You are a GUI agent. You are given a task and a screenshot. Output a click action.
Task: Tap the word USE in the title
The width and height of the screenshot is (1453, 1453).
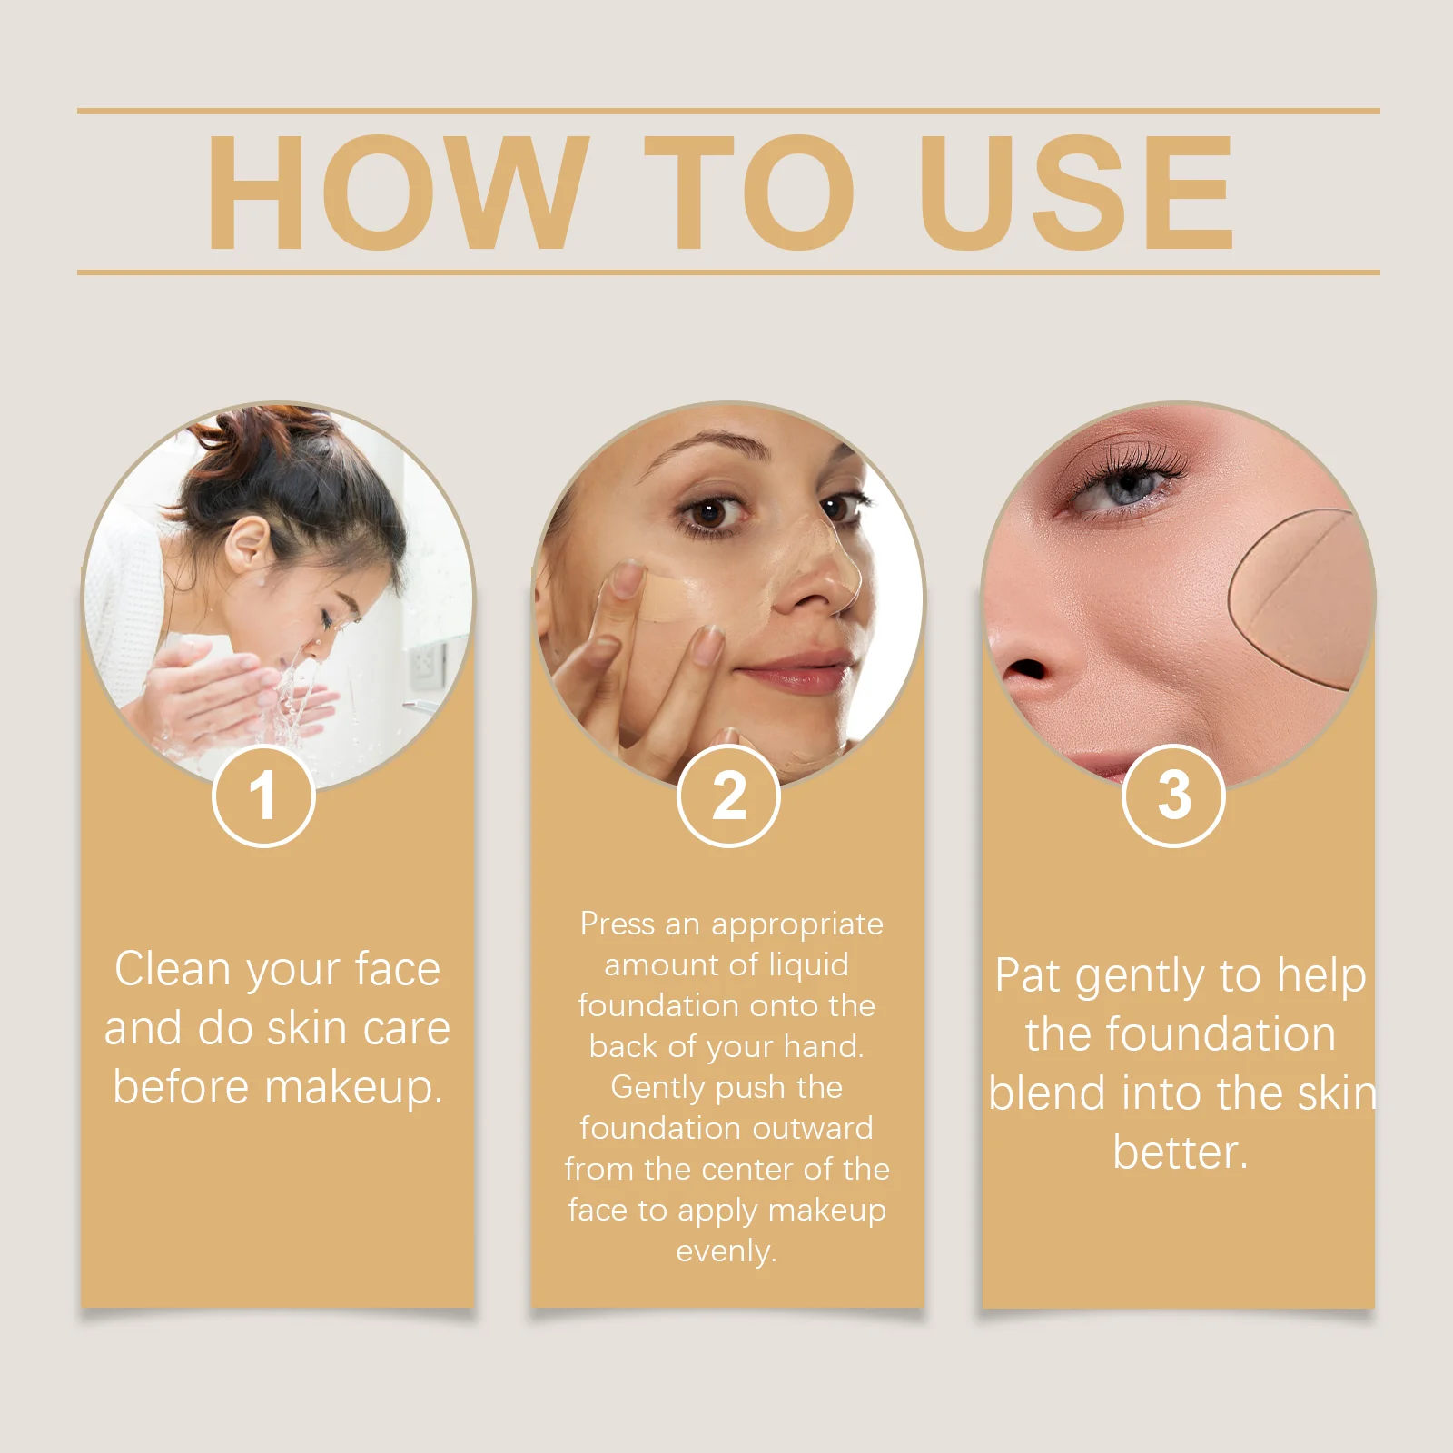point(1076,193)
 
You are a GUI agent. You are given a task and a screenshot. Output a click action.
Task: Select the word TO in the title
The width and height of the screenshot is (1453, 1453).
point(749,193)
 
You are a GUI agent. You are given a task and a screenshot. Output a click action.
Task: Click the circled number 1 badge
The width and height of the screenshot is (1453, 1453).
point(263,796)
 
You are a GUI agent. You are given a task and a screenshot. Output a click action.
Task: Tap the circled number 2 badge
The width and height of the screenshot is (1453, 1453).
point(728,796)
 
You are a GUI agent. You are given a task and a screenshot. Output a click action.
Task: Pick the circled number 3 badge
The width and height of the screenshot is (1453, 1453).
point(1173,796)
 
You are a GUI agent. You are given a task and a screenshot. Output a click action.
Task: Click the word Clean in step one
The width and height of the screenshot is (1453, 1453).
point(172,969)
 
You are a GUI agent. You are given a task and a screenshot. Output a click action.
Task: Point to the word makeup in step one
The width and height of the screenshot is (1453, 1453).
point(354,1087)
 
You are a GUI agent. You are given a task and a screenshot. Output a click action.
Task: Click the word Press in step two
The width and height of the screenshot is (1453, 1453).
point(618,924)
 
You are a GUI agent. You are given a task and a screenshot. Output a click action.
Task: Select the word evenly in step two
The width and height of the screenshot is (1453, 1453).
point(726,1251)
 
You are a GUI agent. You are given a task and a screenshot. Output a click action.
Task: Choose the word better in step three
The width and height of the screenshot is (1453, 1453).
point(1179,1152)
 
